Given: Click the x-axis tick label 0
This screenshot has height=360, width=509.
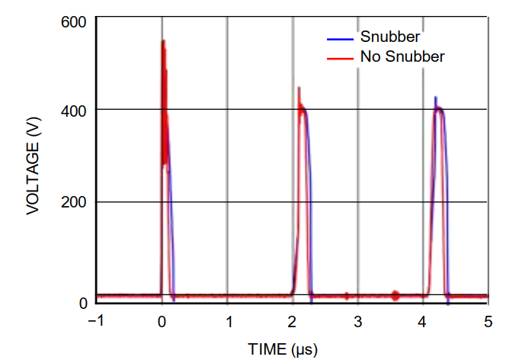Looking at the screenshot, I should [162, 320].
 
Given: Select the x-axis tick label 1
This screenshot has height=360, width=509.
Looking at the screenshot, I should [227, 320].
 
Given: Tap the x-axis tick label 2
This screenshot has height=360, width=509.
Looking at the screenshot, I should [293, 320].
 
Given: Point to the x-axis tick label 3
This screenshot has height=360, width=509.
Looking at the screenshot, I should [357, 320].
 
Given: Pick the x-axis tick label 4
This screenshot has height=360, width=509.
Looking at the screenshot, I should [423, 320].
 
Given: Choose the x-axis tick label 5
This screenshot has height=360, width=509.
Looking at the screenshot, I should [488, 320].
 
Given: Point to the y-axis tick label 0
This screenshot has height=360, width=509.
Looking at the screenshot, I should [83, 304].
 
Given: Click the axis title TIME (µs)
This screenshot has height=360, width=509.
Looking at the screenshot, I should [282, 349].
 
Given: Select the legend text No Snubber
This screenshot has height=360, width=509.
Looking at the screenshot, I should [402, 56].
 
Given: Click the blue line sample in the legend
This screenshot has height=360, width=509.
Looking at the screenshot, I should [339, 37].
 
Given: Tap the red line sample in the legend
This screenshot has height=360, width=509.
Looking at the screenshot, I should [339, 56].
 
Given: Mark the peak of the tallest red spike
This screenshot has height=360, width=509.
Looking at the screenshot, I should [162, 41].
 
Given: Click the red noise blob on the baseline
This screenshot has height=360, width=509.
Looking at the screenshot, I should [395, 294].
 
